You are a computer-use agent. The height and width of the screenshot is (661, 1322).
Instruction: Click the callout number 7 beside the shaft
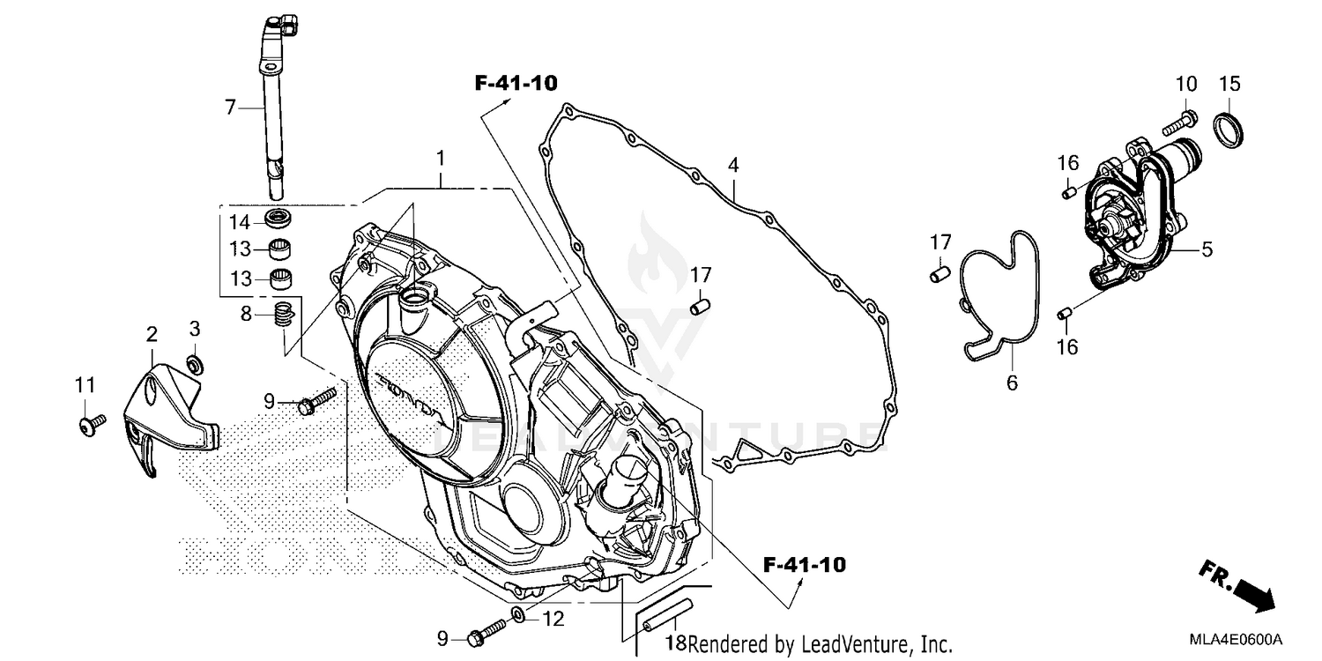tap(231, 108)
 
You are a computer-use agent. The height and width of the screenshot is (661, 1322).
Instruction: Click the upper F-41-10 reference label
tap(516, 84)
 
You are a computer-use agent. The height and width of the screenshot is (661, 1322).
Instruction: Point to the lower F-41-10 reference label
tap(804, 564)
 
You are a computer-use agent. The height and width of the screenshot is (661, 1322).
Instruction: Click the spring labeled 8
tap(282, 315)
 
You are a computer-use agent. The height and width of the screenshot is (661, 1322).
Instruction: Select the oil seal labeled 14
tap(280, 219)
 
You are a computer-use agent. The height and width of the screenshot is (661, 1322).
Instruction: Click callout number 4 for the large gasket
tap(732, 165)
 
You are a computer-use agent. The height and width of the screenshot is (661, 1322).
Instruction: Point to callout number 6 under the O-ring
tap(1012, 382)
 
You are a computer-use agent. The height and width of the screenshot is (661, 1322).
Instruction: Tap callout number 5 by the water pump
tap(1207, 249)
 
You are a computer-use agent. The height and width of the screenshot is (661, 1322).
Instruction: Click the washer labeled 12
tap(520, 613)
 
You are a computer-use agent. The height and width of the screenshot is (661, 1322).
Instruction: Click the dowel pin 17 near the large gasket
tap(699, 305)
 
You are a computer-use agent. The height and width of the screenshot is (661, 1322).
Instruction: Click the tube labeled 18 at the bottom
tap(667, 616)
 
